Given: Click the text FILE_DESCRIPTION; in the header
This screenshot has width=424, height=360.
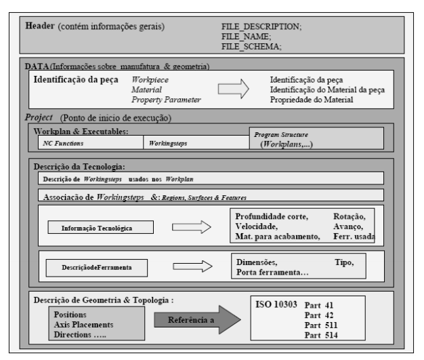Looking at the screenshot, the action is point(261,26).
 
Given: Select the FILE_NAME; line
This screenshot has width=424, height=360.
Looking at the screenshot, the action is point(246,37).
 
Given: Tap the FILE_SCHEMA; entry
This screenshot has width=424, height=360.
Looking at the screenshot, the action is point(251,47).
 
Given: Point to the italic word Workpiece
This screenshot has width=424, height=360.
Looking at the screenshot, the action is point(150,80).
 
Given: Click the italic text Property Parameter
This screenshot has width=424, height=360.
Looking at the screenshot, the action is point(167,100).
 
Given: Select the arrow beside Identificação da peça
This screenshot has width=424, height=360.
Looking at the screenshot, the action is point(234,89).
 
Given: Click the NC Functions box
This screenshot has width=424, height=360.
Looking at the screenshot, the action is point(91,142).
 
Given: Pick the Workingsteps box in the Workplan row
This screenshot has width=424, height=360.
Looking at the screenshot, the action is point(196,142).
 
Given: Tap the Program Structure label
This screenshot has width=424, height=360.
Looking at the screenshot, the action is point(281,134).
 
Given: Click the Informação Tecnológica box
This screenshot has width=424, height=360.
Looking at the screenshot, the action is point(101,227).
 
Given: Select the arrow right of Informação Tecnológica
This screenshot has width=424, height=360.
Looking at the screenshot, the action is point(192,227).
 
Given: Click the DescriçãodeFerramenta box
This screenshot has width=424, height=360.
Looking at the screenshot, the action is point(97,268).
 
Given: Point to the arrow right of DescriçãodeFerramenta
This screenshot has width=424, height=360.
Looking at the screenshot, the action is point(192,266).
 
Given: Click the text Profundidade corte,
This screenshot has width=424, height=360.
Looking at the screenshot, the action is point(272,216).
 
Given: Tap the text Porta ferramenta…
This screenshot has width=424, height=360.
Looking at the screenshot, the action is point(272,273).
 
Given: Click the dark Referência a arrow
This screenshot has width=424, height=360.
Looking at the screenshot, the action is point(197,320).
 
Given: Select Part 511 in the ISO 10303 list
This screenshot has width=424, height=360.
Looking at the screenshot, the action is point(321,325).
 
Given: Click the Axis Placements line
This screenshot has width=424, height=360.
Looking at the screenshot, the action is point(83,325).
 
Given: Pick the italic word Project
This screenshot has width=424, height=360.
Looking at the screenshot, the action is point(39,117).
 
